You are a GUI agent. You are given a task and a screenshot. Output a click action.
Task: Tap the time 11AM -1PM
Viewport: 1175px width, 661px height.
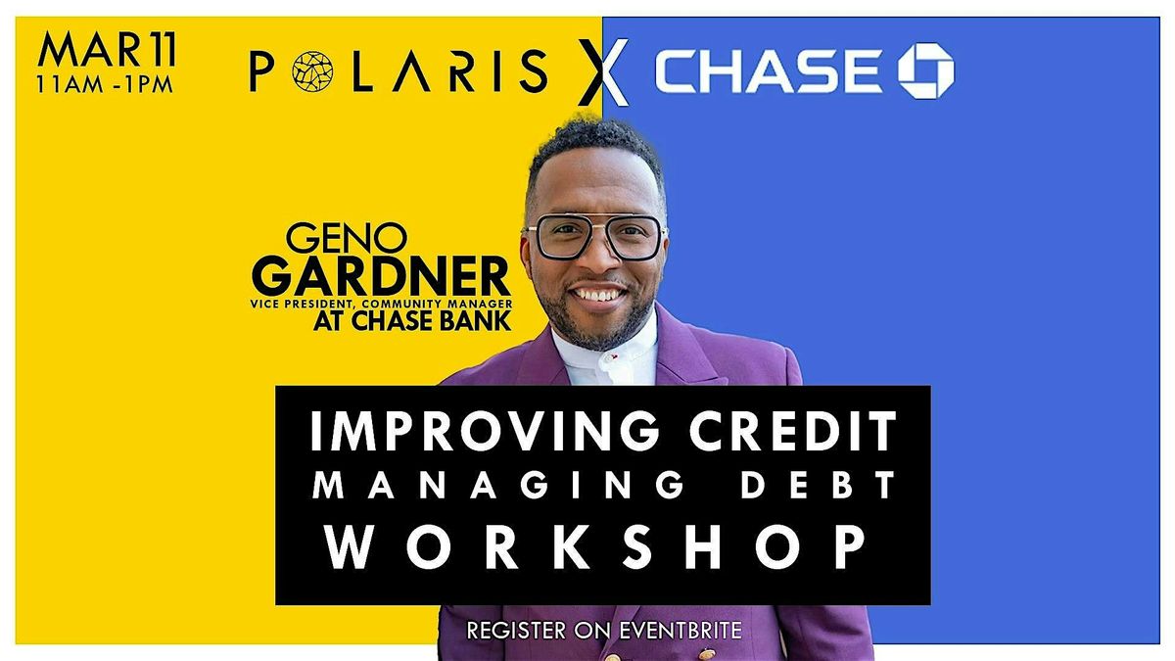coord(104,83)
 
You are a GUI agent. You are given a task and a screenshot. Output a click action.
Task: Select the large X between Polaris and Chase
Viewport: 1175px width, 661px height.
coord(600,74)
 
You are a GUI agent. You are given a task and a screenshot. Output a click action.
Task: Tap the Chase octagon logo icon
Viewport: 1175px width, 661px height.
coord(925,71)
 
